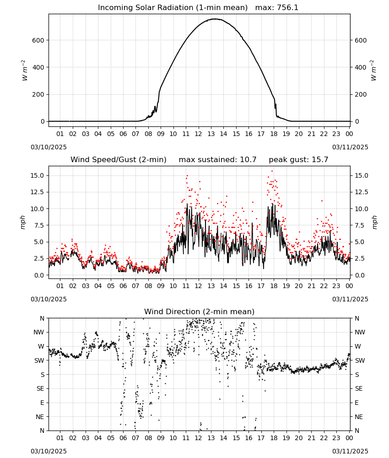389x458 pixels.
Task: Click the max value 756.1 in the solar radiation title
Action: coord(287,7)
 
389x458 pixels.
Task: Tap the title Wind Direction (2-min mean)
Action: coord(200,311)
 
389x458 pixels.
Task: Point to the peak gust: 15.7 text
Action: coord(298,160)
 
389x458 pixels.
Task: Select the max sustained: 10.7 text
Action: coord(218,160)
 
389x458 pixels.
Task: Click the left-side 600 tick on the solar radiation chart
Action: coord(38,40)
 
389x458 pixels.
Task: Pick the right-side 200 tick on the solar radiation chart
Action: coord(361,94)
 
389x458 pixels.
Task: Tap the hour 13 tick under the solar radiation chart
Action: coord(211,134)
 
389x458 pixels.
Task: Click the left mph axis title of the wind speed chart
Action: coord(23,222)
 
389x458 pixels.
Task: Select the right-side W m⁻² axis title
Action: coord(373,71)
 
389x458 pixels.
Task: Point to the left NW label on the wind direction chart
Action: coord(39,332)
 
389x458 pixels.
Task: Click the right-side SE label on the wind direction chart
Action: coord(359,388)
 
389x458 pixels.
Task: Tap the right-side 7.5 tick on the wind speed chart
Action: coord(360,225)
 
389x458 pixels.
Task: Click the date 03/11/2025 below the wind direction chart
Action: coord(350,451)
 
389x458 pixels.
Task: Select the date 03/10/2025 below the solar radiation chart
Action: coord(49,147)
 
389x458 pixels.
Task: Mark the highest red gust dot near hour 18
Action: coord(272,171)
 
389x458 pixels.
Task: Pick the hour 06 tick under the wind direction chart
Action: coord(123,438)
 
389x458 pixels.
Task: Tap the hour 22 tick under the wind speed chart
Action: coord(324,286)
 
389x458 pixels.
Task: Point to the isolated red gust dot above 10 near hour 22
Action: coord(322,201)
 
